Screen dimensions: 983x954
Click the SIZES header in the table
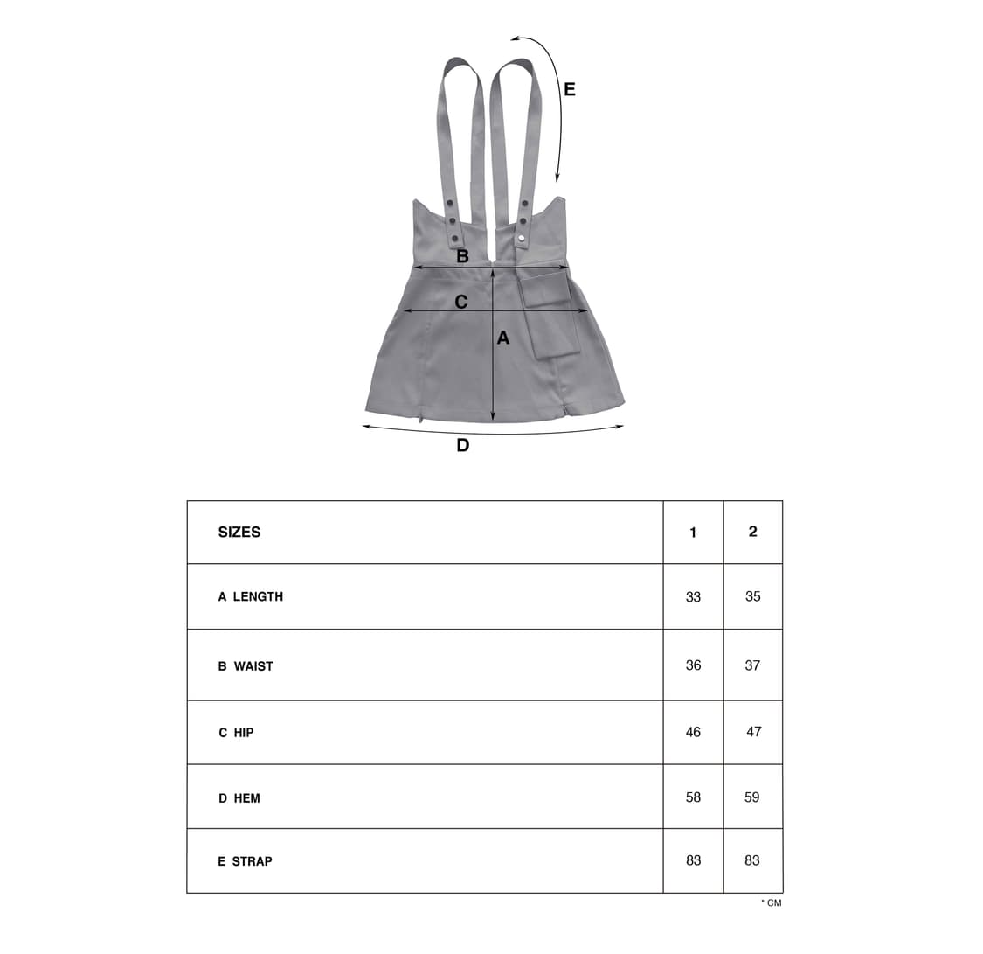click(239, 532)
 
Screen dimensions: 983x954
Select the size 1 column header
click(693, 533)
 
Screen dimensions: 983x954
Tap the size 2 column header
click(753, 532)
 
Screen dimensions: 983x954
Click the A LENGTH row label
click(250, 596)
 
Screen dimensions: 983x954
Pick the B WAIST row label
click(246, 666)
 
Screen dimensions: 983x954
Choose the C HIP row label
click(236, 733)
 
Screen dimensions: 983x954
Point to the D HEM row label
click(239, 798)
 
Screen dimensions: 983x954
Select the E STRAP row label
click(245, 861)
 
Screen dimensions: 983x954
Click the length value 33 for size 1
click(693, 596)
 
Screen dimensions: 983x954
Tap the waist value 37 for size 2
click(752, 665)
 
